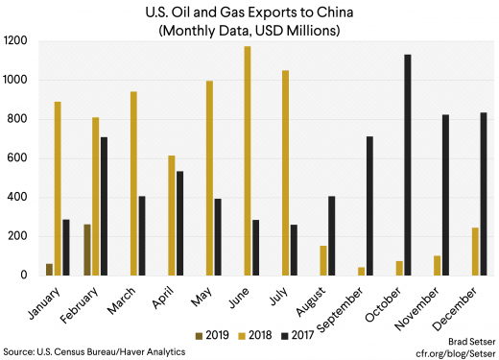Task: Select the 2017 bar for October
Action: coord(408,165)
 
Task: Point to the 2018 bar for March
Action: coord(133,183)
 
